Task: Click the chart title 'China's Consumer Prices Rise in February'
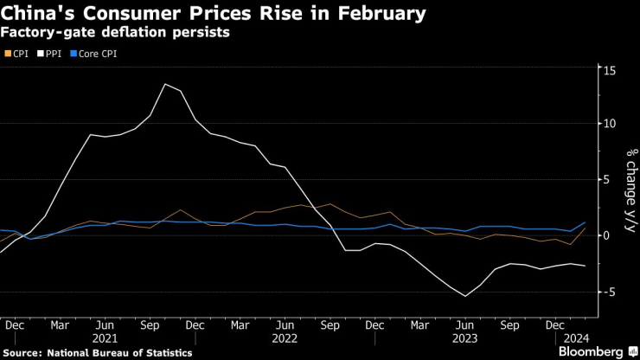click(x=214, y=14)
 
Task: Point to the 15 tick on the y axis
click(x=610, y=68)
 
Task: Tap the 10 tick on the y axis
click(x=610, y=124)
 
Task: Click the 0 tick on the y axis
click(x=608, y=235)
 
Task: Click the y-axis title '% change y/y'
click(x=630, y=190)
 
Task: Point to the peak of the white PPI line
click(x=164, y=84)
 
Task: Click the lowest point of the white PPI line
click(x=466, y=297)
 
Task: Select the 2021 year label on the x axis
click(x=105, y=338)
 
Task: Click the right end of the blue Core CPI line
click(x=586, y=223)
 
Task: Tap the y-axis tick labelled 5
click(x=608, y=179)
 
